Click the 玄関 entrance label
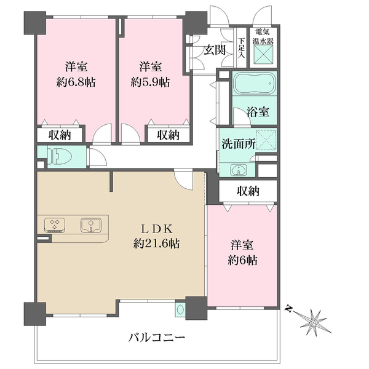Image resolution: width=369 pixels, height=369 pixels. [x=215, y=50]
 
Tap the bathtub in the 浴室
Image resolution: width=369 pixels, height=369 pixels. [x=255, y=83]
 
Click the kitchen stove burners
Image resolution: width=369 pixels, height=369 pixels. [x=55, y=225]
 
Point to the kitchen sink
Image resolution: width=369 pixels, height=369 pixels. [x=91, y=225]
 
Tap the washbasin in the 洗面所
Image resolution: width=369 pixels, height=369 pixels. [x=239, y=170]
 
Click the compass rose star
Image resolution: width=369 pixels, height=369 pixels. [x=314, y=322]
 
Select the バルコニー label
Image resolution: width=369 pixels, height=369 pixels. [x=157, y=338]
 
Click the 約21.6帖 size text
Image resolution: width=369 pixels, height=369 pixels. [x=156, y=244]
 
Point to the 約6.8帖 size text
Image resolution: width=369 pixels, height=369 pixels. [x=76, y=82]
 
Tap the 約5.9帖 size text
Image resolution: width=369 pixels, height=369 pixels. [x=151, y=82]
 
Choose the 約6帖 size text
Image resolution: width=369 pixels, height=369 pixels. [x=242, y=260]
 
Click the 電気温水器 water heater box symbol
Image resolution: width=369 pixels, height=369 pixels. [x=263, y=54]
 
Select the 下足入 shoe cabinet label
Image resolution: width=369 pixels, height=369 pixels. [x=241, y=48]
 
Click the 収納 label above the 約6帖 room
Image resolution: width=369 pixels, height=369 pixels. [x=248, y=191]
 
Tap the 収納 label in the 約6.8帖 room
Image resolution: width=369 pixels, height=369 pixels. [x=60, y=135]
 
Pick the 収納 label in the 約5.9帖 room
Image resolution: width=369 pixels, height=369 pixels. [x=169, y=135]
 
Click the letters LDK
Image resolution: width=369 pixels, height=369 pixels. [x=157, y=229]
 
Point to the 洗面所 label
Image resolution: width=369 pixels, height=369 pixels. [x=239, y=144]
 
